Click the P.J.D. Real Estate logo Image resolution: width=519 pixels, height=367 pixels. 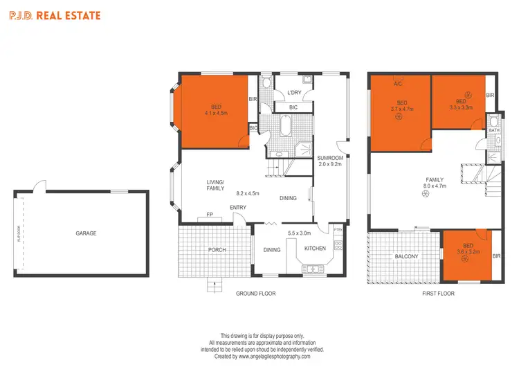(x=54, y=15)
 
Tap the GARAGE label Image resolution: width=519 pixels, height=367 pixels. (x=86, y=233)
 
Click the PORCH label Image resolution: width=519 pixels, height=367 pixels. (x=217, y=250)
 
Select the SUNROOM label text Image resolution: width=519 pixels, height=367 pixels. (x=331, y=159)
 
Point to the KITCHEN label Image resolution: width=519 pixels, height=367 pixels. (x=316, y=248)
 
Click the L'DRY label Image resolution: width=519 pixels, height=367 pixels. (x=294, y=93)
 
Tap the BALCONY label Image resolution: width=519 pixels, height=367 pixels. (x=407, y=257)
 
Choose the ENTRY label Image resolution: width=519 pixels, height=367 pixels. (x=238, y=208)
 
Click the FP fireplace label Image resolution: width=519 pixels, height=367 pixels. (x=210, y=215)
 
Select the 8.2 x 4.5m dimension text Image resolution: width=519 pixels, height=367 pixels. (x=248, y=194)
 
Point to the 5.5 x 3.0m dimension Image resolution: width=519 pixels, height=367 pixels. (x=299, y=233)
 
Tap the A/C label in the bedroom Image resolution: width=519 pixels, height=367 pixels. (x=398, y=84)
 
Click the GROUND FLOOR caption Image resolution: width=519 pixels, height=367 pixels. (x=256, y=294)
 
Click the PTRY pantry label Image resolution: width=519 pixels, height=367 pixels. (x=338, y=230)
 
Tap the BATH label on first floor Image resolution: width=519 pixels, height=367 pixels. (x=494, y=130)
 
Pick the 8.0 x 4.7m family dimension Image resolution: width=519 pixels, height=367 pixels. (x=435, y=186)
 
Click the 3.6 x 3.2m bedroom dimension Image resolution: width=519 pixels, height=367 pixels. (x=468, y=251)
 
